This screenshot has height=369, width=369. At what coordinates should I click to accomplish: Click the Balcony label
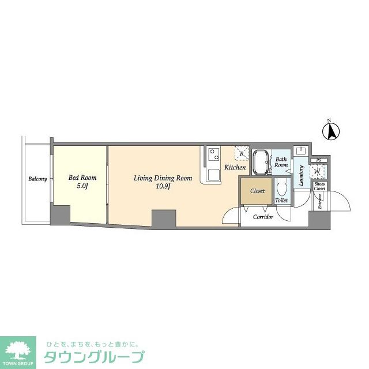(x=37, y=179)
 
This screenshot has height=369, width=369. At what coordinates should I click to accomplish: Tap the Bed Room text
(x=78, y=178)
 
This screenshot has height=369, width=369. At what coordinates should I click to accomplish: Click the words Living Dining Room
(x=163, y=178)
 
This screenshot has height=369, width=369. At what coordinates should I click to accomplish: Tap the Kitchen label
(x=235, y=167)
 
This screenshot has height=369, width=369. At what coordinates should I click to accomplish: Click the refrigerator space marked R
(x=241, y=153)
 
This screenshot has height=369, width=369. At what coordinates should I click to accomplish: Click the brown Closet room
(x=257, y=191)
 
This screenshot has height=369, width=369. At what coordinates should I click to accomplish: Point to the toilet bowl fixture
(x=281, y=187)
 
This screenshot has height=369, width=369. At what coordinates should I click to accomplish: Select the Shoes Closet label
(x=320, y=186)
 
